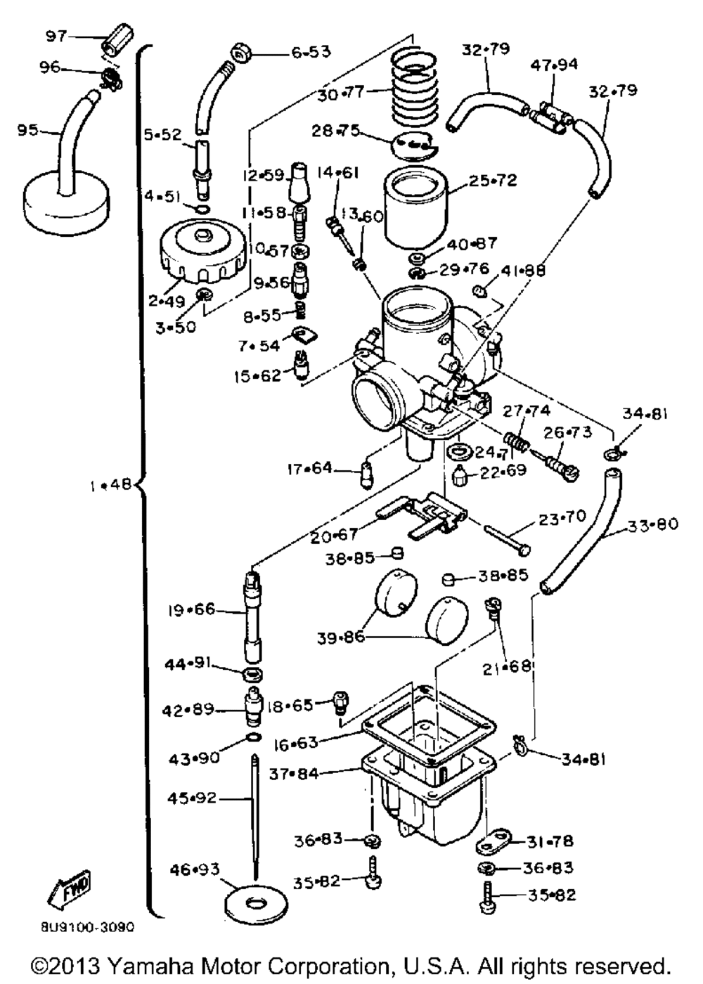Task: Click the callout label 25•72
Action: (492, 181)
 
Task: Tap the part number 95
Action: (27, 130)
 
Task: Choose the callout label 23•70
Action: (562, 518)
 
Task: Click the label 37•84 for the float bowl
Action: (293, 774)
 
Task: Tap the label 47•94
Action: (554, 65)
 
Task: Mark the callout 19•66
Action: (191, 609)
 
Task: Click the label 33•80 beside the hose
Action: (652, 524)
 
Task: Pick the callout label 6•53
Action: (311, 52)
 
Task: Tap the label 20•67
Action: (334, 536)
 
